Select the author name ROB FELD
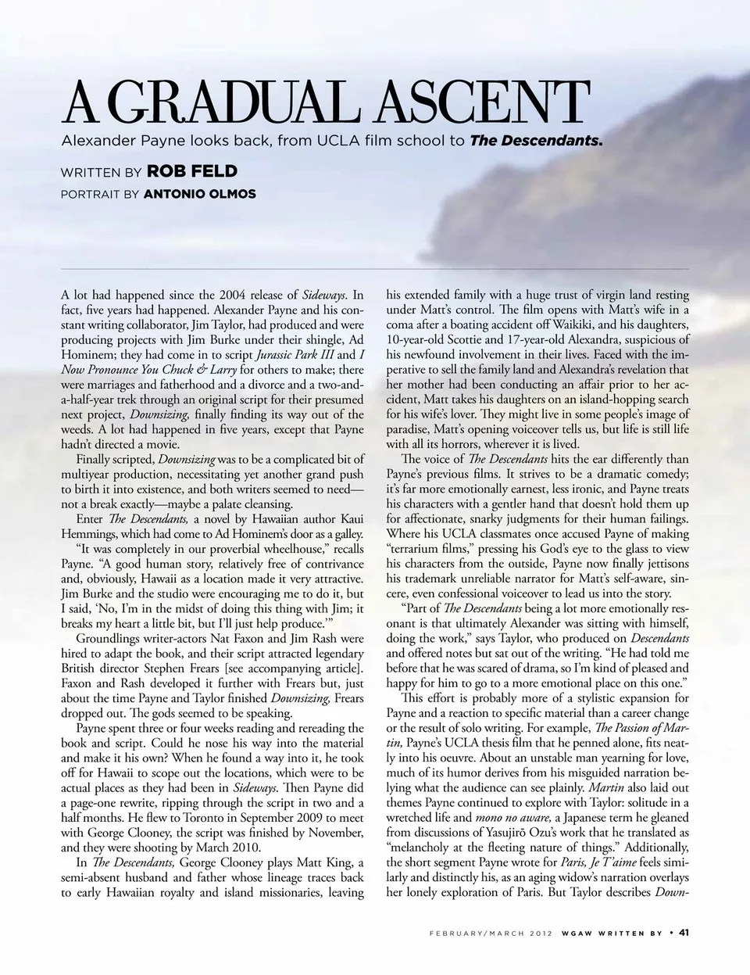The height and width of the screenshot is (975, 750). click(x=191, y=171)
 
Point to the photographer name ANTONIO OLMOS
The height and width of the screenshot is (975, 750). click(x=200, y=194)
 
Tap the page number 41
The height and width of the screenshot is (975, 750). click(x=684, y=933)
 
